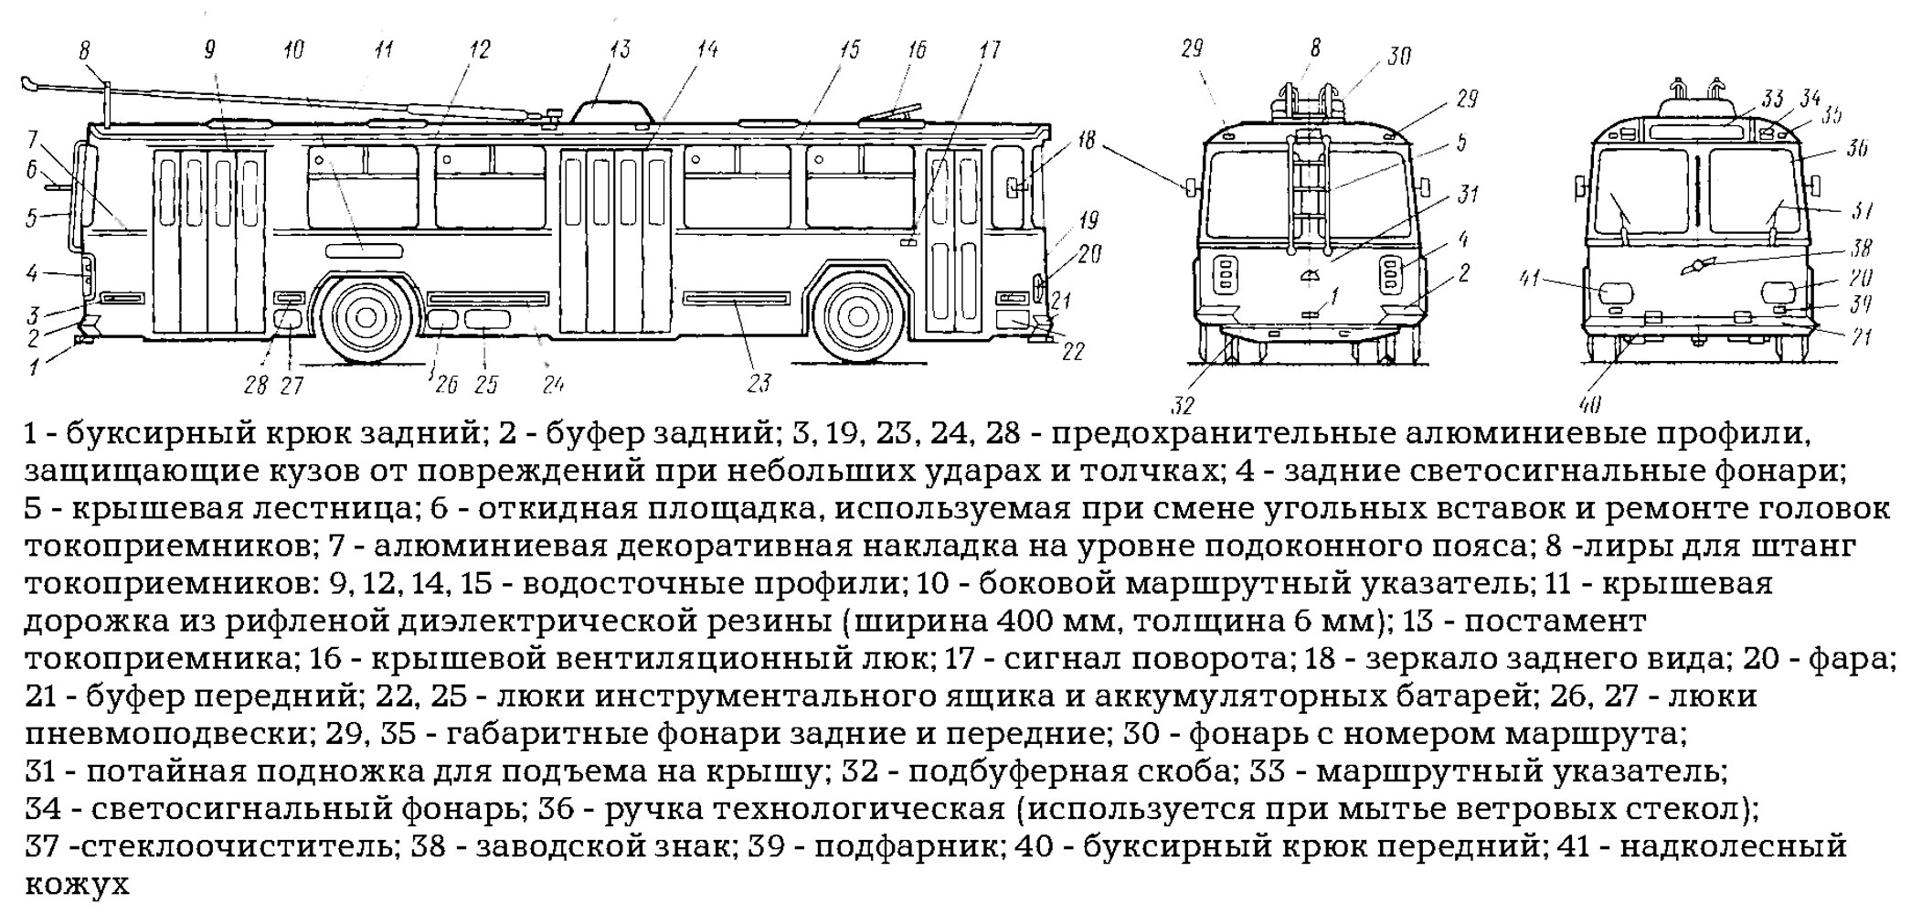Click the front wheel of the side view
tap(856, 316)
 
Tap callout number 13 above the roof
tap(621, 48)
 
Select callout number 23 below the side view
tap(759, 384)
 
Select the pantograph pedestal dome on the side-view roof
tap(611, 112)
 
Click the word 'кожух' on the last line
tap(77, 885)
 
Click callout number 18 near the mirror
tap(1085, 141)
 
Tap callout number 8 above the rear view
tap(1314, 48)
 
